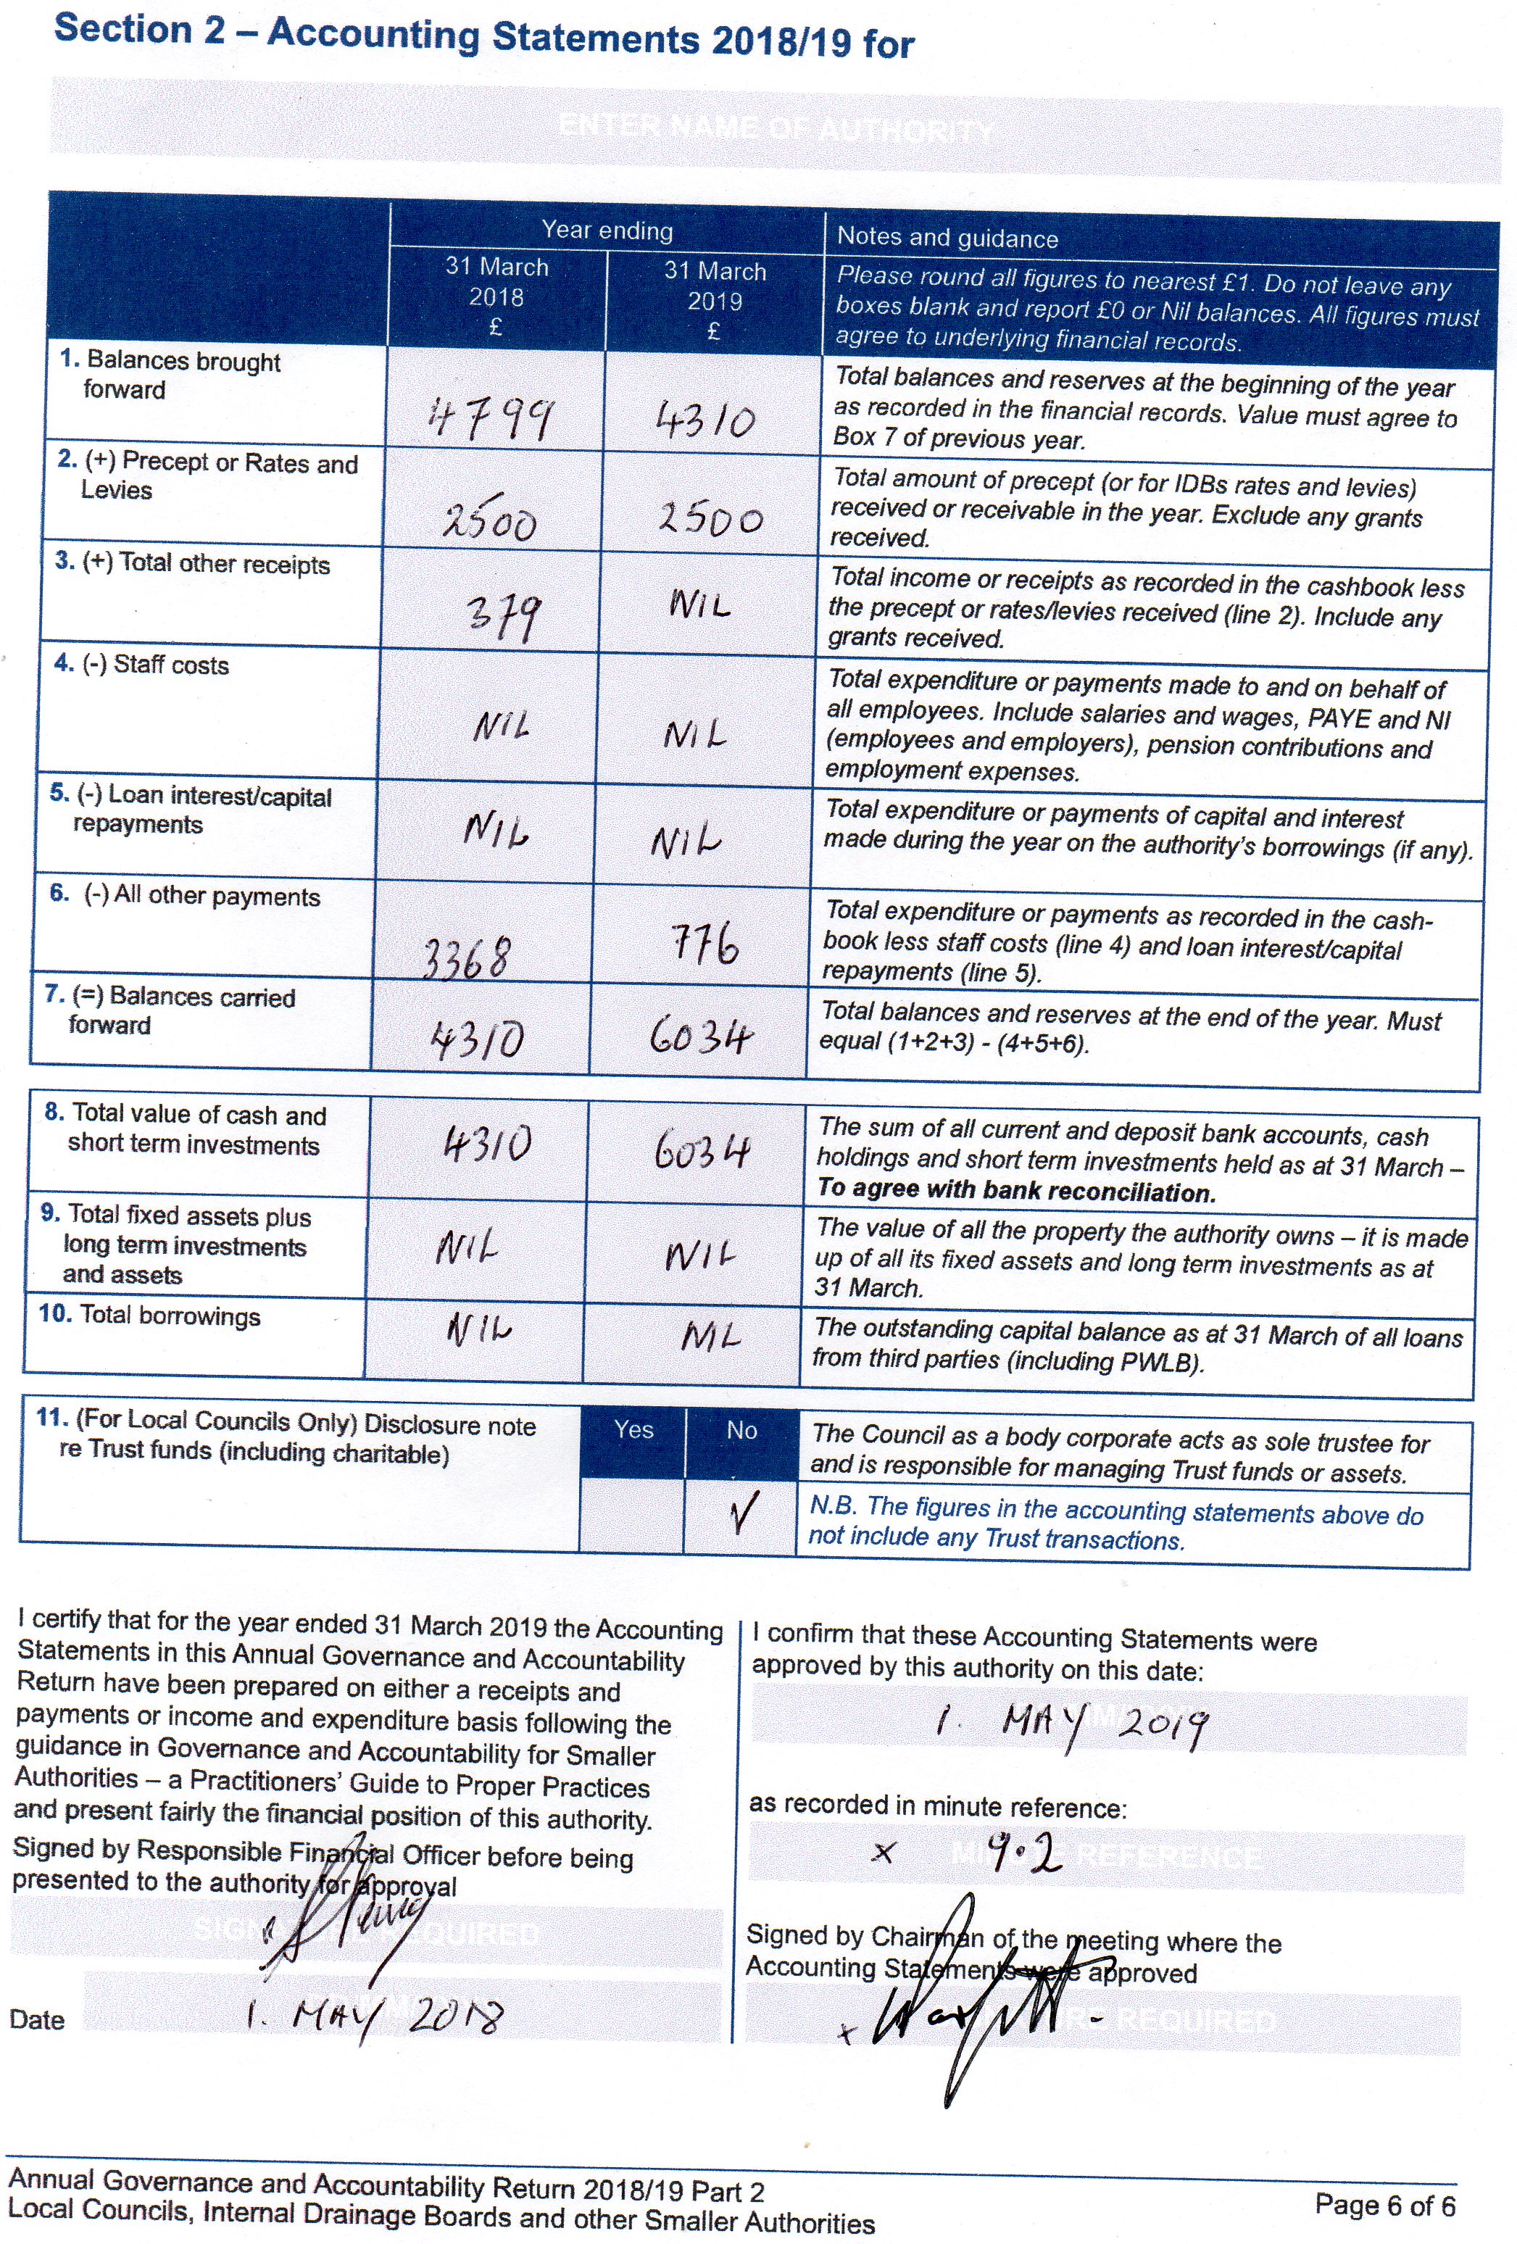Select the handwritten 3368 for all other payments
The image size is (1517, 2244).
(x=466, y=959)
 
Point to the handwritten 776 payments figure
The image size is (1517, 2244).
(x=706, y=944)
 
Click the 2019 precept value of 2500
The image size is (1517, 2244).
(x=711, y=520)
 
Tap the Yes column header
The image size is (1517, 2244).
(x=633, y=1430)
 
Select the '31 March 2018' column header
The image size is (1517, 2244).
(x=496, y=296)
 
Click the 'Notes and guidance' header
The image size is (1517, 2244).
(x=947, y=238)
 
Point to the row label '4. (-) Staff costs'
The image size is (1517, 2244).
(x=142, y=665)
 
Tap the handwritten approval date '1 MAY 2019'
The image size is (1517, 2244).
(x=1072, y=1723)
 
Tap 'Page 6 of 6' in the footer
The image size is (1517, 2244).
(x=1384, y=2206)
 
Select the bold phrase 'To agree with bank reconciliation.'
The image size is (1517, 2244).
(x=1016, y=1192)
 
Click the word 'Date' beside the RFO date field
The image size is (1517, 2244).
(x=37, y=2020)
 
